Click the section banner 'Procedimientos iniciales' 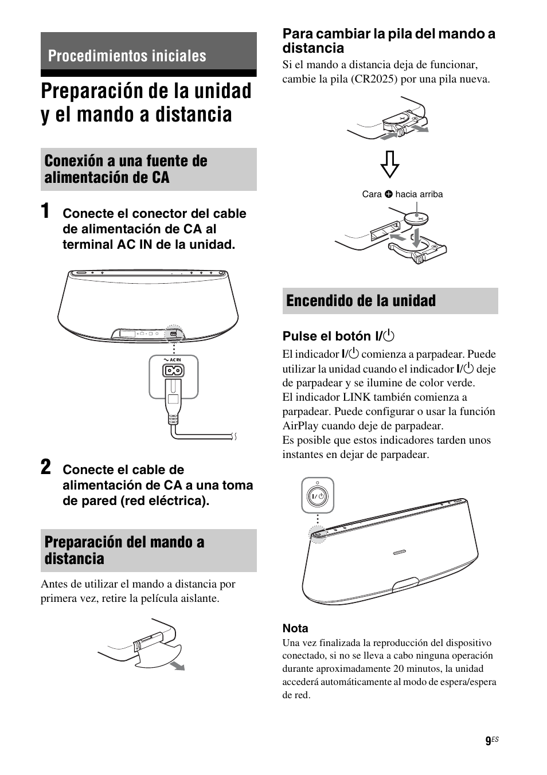(127, 56)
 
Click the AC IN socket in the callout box (173, 371)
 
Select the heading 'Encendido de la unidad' (361, 301)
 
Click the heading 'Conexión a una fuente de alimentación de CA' (126, 169)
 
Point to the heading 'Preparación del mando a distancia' (124, 550)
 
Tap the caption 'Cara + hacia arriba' (403, 194)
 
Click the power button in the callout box (318, 495)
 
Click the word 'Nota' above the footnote (295, 628)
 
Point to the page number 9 (488, 741)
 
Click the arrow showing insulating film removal (179, 665)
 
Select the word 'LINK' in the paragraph (362, 397)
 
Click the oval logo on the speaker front (400, 552)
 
